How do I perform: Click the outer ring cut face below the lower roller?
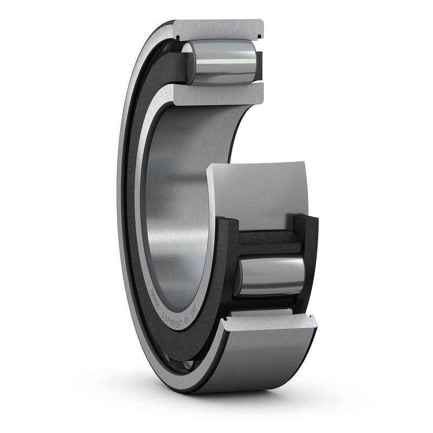coord(268,323)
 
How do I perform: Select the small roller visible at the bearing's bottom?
coord(187,366)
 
